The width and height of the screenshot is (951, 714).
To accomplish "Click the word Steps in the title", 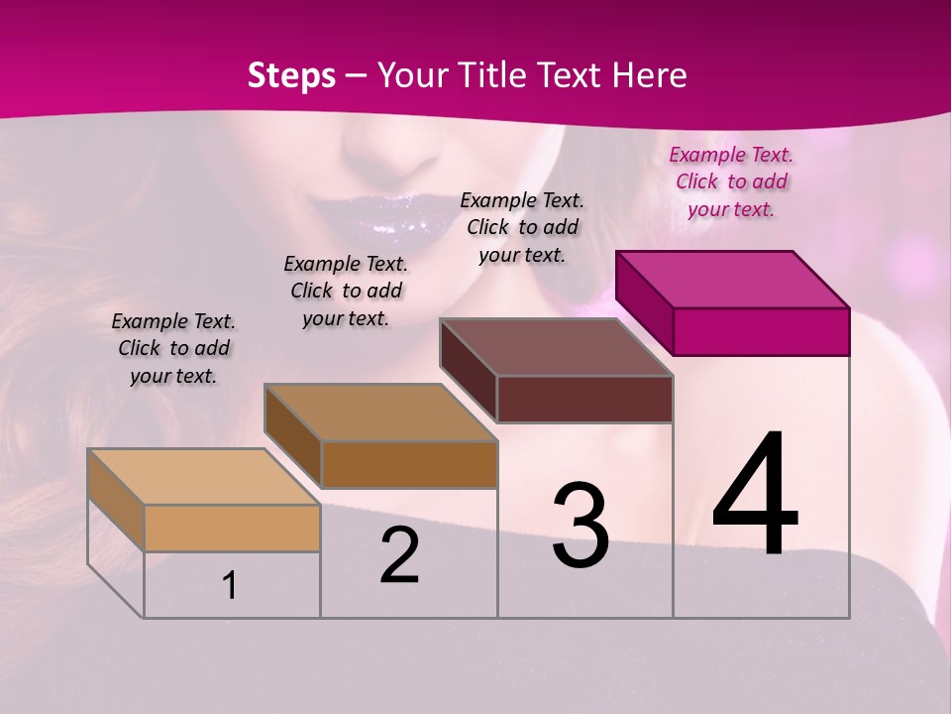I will click(x=291, y=75).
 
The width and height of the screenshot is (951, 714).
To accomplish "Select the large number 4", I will click(x=756, y=496).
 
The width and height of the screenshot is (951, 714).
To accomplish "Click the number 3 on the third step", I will click(x=581, y=526).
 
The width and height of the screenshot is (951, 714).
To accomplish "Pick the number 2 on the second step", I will click(x=400, y=555).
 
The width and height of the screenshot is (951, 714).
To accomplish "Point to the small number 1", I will click(x=230, y=585).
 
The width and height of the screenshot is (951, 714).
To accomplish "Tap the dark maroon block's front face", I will click(x=584, y=400).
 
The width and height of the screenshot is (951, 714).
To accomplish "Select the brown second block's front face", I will click(x=409, y=464).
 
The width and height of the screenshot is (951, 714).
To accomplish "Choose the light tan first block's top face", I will click(x=203, y=476).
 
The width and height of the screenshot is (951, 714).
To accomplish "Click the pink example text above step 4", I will click(x=731, y=181).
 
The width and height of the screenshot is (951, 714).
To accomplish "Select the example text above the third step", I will click(x=522, y=227).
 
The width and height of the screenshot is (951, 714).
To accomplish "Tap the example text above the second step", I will click(x=346, y=291).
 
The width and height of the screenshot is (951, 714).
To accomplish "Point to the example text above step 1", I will click(x=173, y=348).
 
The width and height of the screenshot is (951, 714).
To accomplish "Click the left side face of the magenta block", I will click(x=645, y=302).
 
